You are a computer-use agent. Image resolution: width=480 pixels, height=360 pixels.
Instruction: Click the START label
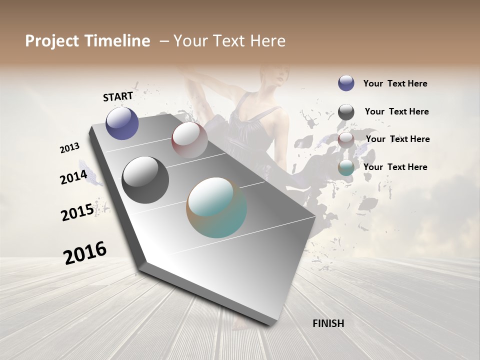tap(118, 96)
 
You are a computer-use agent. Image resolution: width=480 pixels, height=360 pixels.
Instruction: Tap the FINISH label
tap(328, 323)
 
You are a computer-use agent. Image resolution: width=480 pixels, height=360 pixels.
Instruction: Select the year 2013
tap(69, 148)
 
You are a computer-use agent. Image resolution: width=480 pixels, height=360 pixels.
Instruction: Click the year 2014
tap(73, 177)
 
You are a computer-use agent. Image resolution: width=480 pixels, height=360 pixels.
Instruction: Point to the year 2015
tap(77, 212)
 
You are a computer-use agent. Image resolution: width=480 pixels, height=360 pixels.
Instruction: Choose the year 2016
tap(85, 252)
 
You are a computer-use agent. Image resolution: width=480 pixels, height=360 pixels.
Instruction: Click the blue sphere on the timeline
tap(122, 123)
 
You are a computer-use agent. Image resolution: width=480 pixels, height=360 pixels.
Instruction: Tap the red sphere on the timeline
tap(189, 139)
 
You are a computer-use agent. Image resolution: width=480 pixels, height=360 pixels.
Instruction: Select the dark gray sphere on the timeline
tap(145, 179)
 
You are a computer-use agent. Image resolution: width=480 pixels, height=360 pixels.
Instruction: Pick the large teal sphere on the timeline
tap(216, 207)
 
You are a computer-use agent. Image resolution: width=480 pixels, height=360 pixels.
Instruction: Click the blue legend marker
tap(346, 83)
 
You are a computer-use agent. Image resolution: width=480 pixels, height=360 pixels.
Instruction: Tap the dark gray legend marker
tap(346, 112)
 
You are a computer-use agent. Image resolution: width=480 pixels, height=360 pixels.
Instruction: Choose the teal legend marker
tap(346, 168)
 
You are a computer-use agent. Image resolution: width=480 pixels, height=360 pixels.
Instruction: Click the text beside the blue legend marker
tap(395, 84)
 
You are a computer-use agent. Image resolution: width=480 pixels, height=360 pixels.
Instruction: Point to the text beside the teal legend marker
tap(395, 167)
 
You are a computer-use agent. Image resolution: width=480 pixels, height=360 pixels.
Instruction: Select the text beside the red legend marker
tap(397, 139)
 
